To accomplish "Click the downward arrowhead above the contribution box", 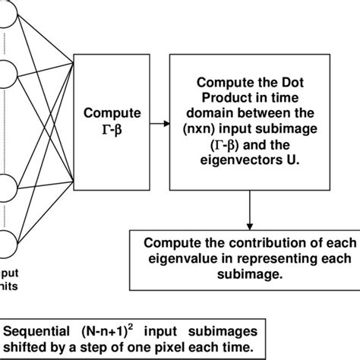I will [250, 225].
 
